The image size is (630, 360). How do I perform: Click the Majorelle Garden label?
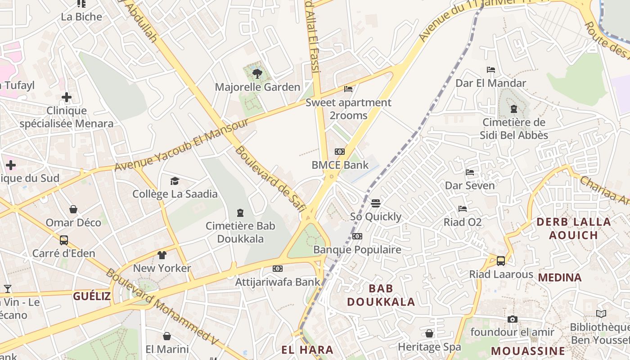pyautogui.click(x=257, y=87)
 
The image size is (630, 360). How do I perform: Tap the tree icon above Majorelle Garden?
pyautogui.click(x=257, y=73)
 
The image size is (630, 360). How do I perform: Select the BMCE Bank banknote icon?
pyautogui.click(x=340, y=152)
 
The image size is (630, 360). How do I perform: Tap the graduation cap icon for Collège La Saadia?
pyautogui.click(x=175, y=181)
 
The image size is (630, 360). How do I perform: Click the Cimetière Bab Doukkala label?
pyautogui.click(x=240, y=232)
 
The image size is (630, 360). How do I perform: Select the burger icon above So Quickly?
pyautogui.click(x=376, y=203)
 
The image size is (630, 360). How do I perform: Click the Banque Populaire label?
pyautogui.click(x=357, y=249)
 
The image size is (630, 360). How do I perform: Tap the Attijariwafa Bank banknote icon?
pyautogui.click(x=278, y=269)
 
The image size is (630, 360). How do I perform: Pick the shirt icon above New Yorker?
pyautogui.click(x=162, y=255)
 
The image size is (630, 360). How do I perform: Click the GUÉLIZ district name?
pyautogui.click(x=92, y=296)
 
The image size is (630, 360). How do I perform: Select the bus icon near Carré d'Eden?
pyautogui.click(x=64, y=240)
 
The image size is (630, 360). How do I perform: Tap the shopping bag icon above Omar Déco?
pyautogui.click(x=73, y=209)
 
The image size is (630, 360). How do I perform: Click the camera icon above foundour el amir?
pyautogui.click(x=512, y=319)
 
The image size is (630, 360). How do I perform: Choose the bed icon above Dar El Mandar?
pyautogui.click(x=491, y=70)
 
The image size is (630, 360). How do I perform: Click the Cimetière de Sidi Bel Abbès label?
pyautogui.click(x=514, y=129)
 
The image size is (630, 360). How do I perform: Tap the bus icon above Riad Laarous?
pyautogui.click(x=501, y=261)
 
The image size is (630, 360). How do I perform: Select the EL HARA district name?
pyautogui.click(x=307, y=350)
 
